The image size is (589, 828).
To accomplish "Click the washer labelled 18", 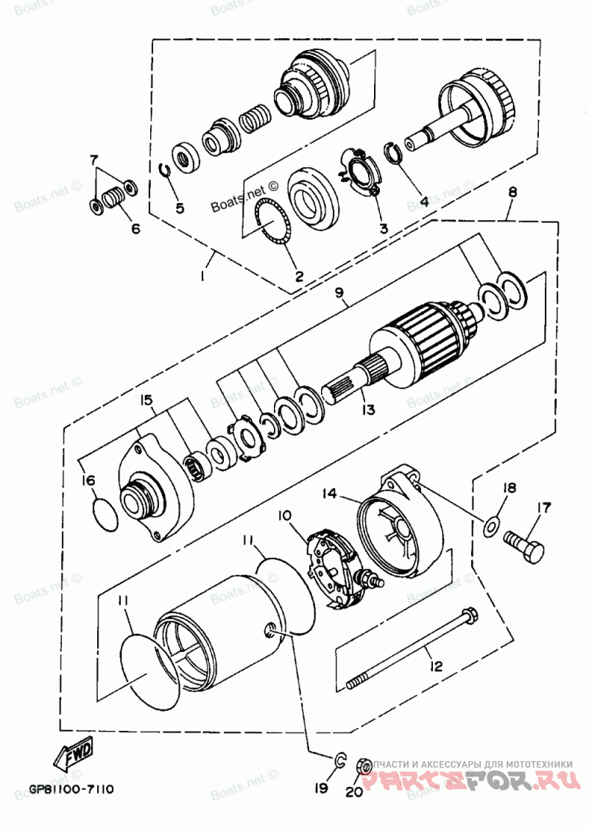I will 491,526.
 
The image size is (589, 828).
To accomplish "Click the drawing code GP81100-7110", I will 71,790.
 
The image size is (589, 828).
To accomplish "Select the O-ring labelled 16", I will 107,514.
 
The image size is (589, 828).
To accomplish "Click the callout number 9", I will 339,293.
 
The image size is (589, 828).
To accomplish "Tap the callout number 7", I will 94,159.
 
